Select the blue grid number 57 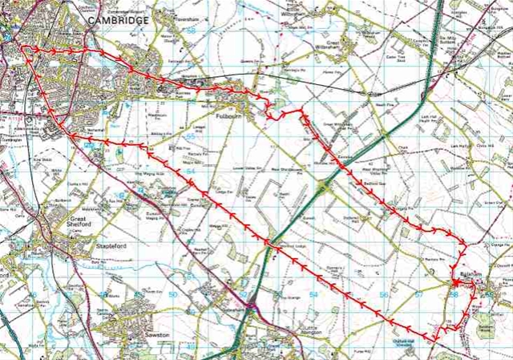click(418, 295)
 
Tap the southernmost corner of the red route click(433, 342)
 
